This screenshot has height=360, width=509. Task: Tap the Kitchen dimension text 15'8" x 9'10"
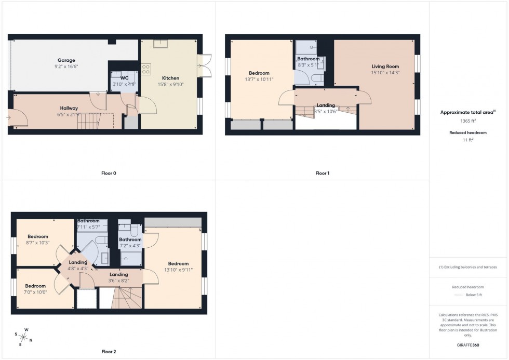tap(170, 84)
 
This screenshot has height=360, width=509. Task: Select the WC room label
tap(124, 78)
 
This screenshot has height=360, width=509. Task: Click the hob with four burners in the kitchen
tap(145, 69)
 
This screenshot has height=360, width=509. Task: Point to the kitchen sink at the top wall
tap(160, 44)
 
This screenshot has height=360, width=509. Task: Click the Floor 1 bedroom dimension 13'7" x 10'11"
tap(259, 79)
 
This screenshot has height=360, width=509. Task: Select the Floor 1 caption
tap(322, 173)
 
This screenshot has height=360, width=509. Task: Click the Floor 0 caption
tap(109, 173)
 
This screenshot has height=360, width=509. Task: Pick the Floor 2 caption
tap(108, 352)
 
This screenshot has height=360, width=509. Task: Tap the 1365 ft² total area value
tap(468, 121)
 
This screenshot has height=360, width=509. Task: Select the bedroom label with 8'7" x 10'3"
tap(38, 236)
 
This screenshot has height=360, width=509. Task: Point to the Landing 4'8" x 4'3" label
tap(78, 262)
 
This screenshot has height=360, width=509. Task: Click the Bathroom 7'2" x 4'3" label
tap(130, 239)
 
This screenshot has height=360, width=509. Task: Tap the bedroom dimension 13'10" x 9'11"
tap(176, 270)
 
